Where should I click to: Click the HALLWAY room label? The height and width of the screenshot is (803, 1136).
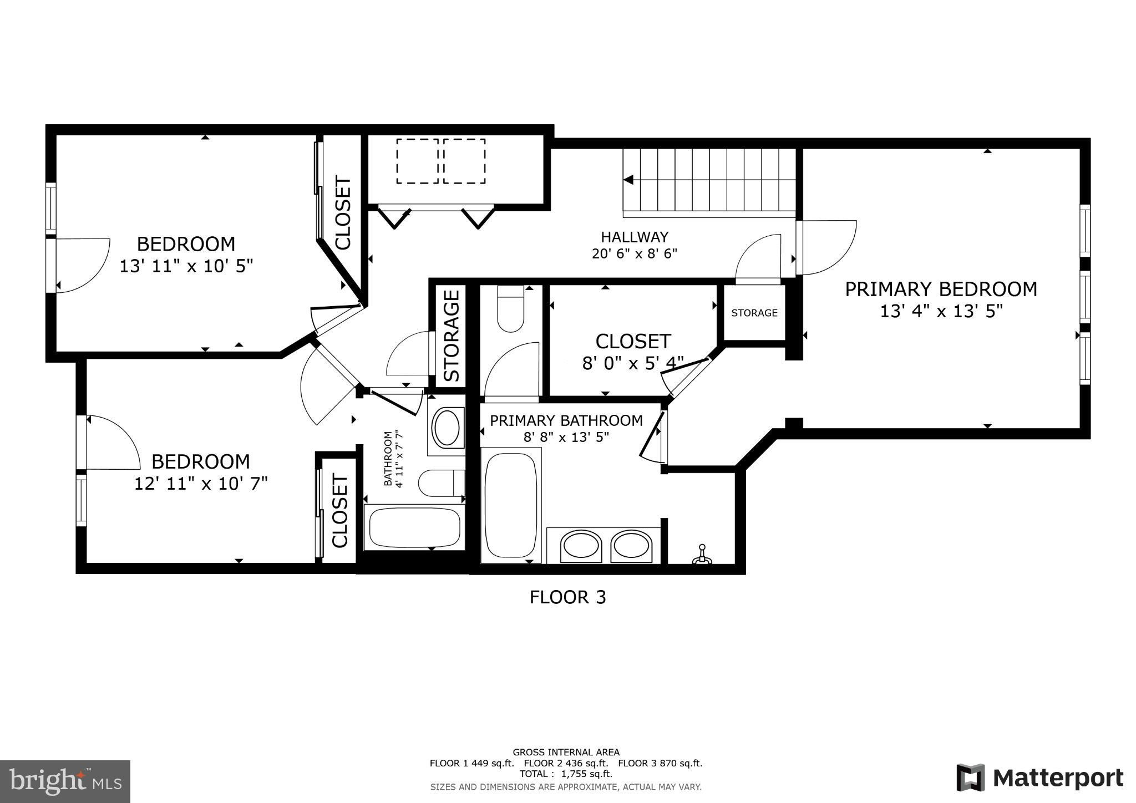pos(635,237)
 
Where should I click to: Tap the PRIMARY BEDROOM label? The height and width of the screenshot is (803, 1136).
pos(941,289)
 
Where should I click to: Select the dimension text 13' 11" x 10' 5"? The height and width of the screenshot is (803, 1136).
pos(186,266)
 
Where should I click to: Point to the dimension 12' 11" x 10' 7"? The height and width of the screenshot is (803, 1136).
pos(201,484)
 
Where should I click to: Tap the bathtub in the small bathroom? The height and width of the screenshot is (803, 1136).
pos(414,527)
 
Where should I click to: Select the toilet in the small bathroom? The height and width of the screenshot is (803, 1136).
pos(442,483)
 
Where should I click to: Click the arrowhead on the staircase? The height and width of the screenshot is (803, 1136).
pos(628,180)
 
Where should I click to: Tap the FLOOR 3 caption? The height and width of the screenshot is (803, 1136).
pos(568,597)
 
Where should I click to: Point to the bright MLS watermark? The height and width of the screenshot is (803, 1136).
pos(65,781)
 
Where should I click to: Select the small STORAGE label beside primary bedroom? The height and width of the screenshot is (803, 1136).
pos(754,313)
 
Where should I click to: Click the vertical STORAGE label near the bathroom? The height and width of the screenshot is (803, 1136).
pos(452,336)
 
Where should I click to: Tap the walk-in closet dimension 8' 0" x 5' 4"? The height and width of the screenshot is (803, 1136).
pos(632,364)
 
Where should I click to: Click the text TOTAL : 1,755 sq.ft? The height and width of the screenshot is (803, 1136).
pos(566,774)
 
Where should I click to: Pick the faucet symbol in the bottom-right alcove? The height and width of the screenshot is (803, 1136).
pos(702,555)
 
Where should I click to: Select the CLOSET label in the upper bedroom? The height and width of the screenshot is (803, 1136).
pos(343,213)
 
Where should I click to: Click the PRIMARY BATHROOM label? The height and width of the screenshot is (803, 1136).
pos(566,420)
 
